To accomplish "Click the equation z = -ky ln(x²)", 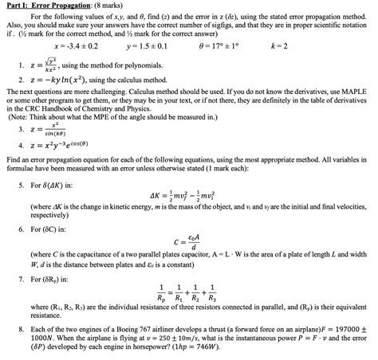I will pyautogui.click(x=67, y=80).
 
